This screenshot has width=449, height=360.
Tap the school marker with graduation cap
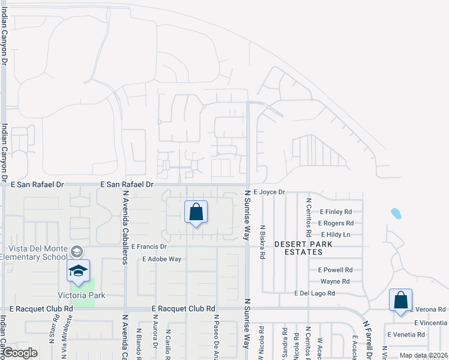(x=78, y=271)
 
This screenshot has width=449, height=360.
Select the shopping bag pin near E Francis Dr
(x=196, y=212)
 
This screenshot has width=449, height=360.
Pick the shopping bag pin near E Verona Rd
(x=400, y=301)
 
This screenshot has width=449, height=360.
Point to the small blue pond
(x=395, y=213)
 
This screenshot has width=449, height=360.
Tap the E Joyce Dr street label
(x=268, y=192)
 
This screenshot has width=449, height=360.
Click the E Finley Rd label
(x=336, y=212)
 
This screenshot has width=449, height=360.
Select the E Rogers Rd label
(x=335, y=223)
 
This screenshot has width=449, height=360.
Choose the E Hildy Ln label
(x=336, y=235)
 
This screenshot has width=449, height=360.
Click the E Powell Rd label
(x=331, y=270)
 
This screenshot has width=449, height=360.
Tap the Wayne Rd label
(x=335, y=281)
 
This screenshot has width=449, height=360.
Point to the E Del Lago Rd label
(x=315, y=293)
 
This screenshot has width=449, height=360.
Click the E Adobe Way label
(x=161, y=259)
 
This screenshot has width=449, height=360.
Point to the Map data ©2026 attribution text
(x=423, y=355)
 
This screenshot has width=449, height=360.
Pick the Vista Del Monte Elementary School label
(x=37, y=253)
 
